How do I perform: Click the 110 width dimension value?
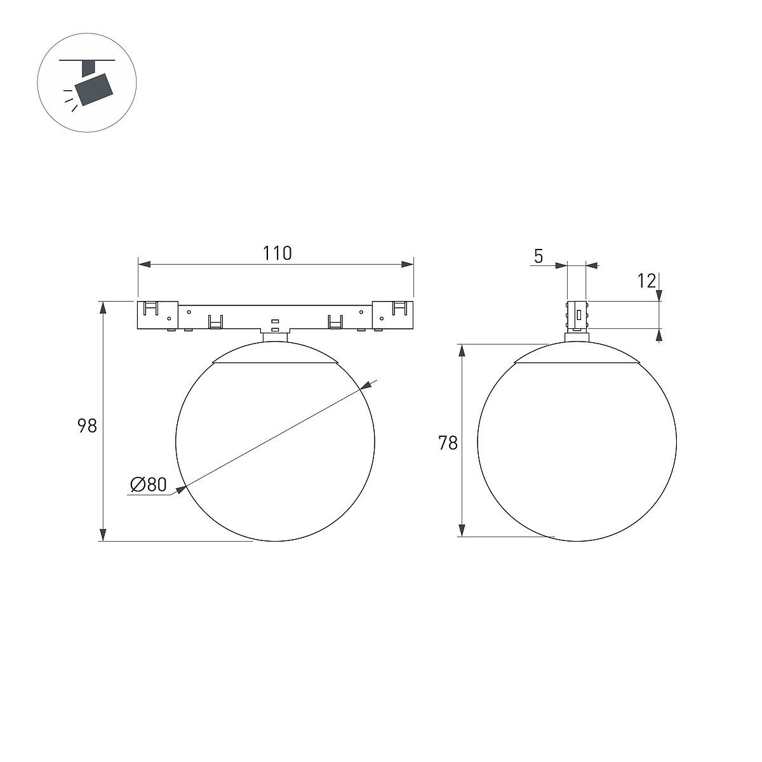(277, 253)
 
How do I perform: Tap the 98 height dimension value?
(87, 426)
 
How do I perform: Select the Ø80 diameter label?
(149, 485)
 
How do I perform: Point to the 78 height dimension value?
(448, 443)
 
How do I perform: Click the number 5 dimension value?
(538, 257)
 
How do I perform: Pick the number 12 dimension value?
(646, 281)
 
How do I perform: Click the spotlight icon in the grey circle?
(90, 84)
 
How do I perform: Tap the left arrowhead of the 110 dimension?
(144, 264)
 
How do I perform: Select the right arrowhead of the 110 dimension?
(407, 264)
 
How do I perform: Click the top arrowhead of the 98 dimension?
(103, 308)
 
